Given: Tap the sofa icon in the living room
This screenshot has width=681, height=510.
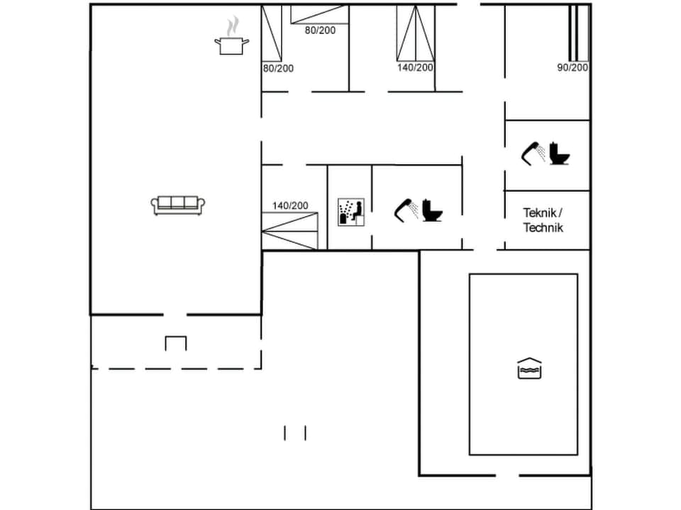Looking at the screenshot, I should pyautogui.click(x=179, y=205).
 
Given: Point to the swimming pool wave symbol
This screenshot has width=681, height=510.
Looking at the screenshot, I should pyautogui.click(x=529, y=368).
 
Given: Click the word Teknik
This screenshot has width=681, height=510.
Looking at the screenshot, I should pyautogui.click(x=542, y=212).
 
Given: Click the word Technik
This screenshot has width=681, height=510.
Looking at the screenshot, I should pyautogui.click(x=543, y=227).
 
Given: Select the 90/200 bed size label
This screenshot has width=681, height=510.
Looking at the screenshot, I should pyautogui.click(x=572, y=67).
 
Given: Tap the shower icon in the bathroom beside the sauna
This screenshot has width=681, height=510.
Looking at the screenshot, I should pyautogui.click(x=406, y=208).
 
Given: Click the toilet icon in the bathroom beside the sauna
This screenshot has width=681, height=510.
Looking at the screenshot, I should pyautogui.click(x=432, y=210).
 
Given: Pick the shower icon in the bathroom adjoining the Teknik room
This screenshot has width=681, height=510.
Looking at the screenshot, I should pyautogui.click(x=533, y=152).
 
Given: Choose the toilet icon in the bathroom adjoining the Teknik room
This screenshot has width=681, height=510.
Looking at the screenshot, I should pyautogui.click(x=560, y=153).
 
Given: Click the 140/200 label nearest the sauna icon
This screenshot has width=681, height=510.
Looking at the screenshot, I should pyautogui.click(x=290, y=205).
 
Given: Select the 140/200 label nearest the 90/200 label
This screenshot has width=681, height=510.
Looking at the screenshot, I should pyautogui.click(x=415, y=67).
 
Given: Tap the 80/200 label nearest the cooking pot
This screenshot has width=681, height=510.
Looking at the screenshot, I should pyautogui.click(x=278, y=68).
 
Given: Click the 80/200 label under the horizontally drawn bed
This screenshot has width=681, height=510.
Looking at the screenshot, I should pyautogui.click(x=320, y=30).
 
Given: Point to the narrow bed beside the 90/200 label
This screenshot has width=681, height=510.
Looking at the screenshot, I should pyautogui.click(x=579, y=33).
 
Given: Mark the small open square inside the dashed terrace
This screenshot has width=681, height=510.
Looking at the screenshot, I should pyautogui.click(x=176, y=344).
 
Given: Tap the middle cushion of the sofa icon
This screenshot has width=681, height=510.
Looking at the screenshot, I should pyautogui.click(x=179, y=203).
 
